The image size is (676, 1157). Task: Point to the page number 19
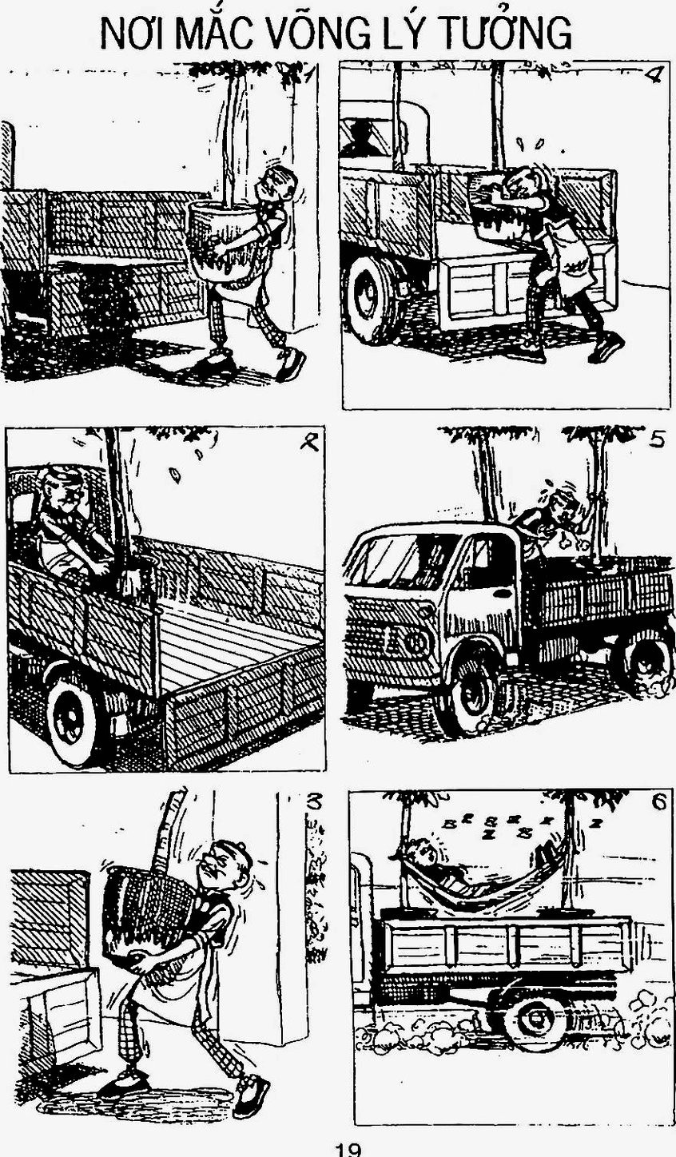[x=348, y=1151]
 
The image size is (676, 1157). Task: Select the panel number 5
[x=656, y=439]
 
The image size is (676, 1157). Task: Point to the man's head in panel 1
[x=279, y=184]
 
